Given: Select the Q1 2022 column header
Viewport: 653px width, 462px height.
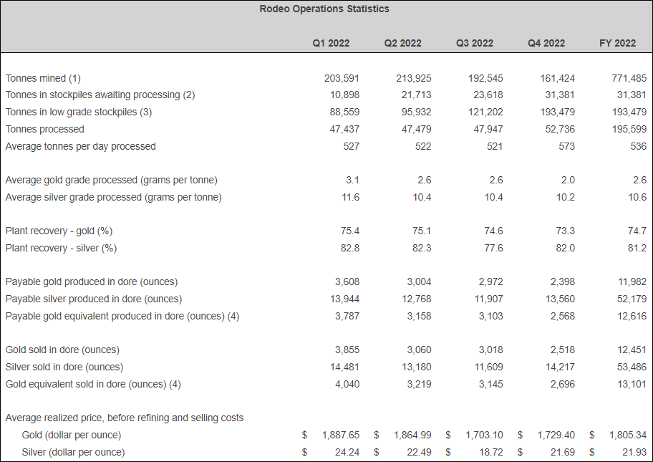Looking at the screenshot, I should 331,43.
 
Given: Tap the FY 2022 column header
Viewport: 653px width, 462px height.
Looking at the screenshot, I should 617,43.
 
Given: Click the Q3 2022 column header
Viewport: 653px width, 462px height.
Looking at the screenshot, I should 474,43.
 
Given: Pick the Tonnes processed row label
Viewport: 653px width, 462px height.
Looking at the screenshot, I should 44,129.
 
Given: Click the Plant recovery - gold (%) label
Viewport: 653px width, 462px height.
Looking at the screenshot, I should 59,231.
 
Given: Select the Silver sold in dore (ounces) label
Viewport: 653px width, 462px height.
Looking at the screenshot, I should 64,367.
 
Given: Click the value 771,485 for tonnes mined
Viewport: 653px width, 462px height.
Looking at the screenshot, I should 628,78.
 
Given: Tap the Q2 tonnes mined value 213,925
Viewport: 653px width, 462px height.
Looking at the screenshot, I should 413,78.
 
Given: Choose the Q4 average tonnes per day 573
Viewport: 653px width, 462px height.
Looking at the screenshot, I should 566,146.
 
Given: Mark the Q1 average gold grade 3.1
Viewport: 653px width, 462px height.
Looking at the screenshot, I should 352,180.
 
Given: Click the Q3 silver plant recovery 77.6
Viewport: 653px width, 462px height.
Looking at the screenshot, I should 493,248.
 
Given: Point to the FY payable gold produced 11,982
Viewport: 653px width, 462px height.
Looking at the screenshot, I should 630,281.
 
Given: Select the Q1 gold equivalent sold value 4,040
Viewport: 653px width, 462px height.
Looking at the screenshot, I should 347,384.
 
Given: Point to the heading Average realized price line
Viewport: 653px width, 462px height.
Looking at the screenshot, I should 125,418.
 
